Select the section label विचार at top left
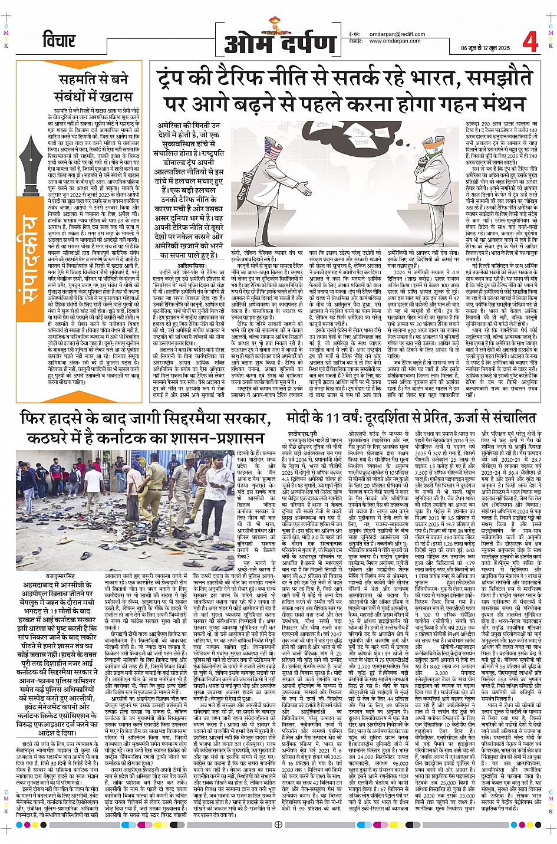pyautogui.click(x=59, y=41)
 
